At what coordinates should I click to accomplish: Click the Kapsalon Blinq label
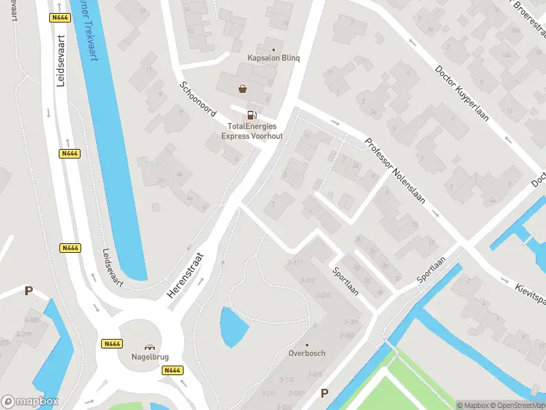[x=274, y=59]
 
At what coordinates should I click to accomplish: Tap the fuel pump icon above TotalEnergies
[x=252, y=115]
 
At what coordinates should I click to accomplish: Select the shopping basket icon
[x=242, y=88]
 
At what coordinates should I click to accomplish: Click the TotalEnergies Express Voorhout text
[x=252, y=131]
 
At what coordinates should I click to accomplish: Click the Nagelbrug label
[x=149, y=357]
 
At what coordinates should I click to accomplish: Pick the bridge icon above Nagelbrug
[x=149, y=346]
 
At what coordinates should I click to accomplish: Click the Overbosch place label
[x=306, y=353]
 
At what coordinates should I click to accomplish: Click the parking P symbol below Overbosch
[x=324, y=393]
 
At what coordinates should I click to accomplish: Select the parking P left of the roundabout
[x=29, y=291]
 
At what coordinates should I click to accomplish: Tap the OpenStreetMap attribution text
[x=519, y=405]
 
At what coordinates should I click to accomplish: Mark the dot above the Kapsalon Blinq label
[x=274, y=50]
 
